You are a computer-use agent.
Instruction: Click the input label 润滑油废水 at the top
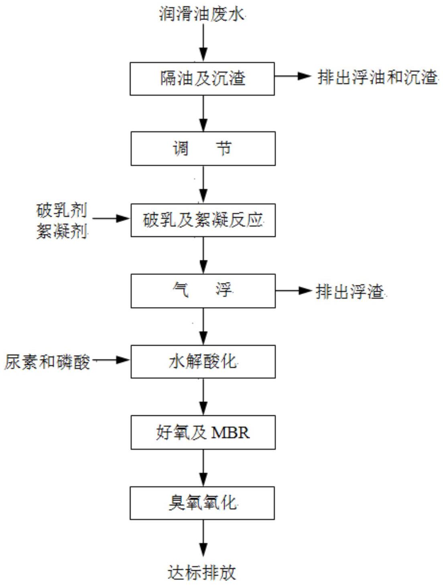(x=201, y=14)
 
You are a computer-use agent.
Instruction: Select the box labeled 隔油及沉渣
(x=202, y=79)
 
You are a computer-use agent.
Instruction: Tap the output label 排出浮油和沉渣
(x=377, y=77)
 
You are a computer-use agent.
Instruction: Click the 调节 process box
(x=203, y=149)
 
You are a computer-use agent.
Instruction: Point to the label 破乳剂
(x=62, y=210)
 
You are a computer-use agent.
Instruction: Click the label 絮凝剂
(x=62, y=231)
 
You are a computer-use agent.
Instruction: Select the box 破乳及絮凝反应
(x=203, y=220)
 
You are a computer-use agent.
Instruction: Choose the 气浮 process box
(x=203, y=291)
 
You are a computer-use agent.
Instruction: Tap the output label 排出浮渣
(x=350, y=291)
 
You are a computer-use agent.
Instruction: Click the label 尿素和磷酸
(x=47, y=362)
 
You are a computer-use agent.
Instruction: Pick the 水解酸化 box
(x=203, y=362)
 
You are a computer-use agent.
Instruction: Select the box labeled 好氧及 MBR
(x=203, y=432)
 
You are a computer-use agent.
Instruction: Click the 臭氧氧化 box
(x=202, y=503)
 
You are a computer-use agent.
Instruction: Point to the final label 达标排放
(x=202, y=572)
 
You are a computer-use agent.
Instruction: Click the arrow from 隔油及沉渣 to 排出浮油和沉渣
(x=293, y=76)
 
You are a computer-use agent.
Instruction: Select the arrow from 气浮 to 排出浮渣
(x=294, y=291)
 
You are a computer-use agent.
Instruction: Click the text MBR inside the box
(x=230, y=433)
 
